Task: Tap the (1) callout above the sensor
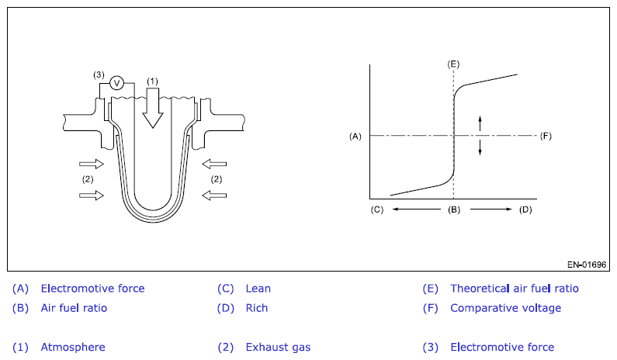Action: [153, 81]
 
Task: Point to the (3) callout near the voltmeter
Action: [99, 74]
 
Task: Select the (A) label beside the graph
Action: [355, 136]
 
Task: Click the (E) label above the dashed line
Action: [453, 63]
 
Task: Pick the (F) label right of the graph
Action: [546, 136]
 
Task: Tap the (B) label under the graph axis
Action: [454, 209]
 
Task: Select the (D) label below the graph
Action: [526, 209]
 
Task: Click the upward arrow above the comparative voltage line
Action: [480, 123]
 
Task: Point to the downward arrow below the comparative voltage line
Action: [480, 147]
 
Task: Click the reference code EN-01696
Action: [586, 265]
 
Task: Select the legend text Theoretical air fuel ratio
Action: [514, 289]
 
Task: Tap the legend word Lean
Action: [258, 289]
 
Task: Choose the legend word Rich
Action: [256, 308]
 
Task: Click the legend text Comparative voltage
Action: [505, 308]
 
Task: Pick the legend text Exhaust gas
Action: [278, 347]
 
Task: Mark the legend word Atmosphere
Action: [73, 347]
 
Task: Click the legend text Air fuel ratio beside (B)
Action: [74, 308]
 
